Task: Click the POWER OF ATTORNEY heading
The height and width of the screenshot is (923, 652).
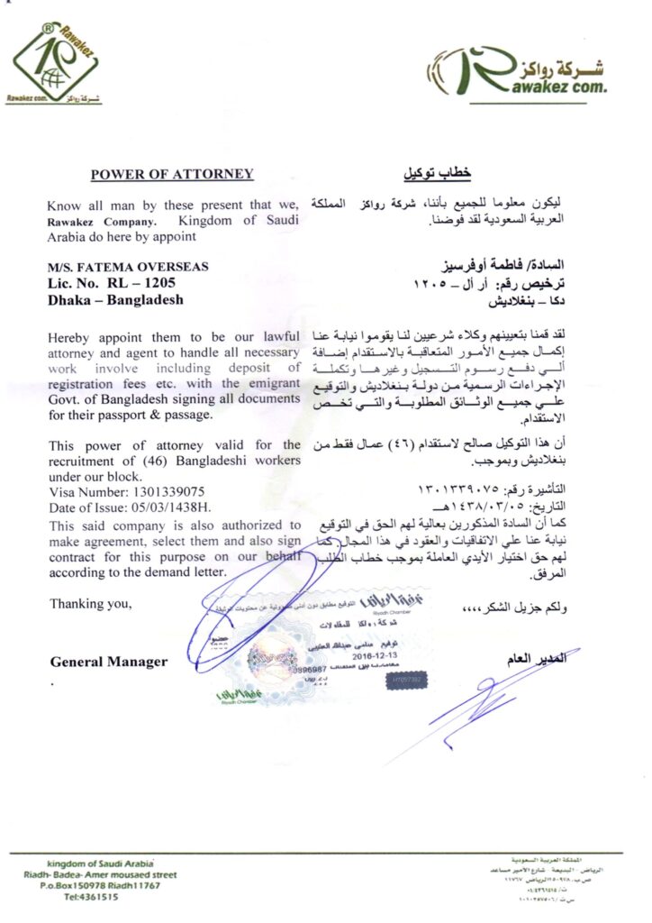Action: (172, 174)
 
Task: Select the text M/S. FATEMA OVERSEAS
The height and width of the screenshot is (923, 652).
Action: (129, 267)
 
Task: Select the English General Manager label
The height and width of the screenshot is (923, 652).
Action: (108, 662)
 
